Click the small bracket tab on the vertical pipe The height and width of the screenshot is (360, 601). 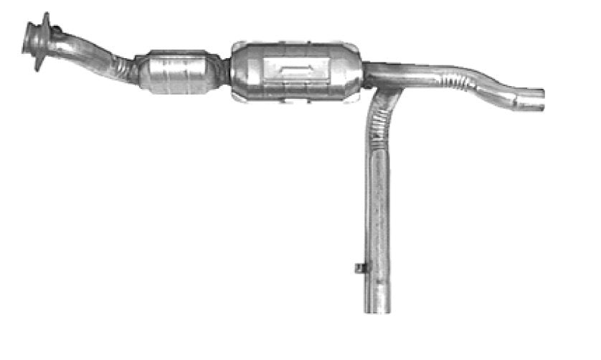tap(360, 268)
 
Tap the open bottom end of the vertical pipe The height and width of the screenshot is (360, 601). tap(377, 309)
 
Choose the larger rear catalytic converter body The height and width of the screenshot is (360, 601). tap(294, 69)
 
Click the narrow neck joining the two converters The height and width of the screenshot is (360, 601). tap(224, 71)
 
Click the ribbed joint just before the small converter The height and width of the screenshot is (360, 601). tap(128, 69)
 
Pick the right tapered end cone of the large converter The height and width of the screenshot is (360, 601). tap(354, 72)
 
